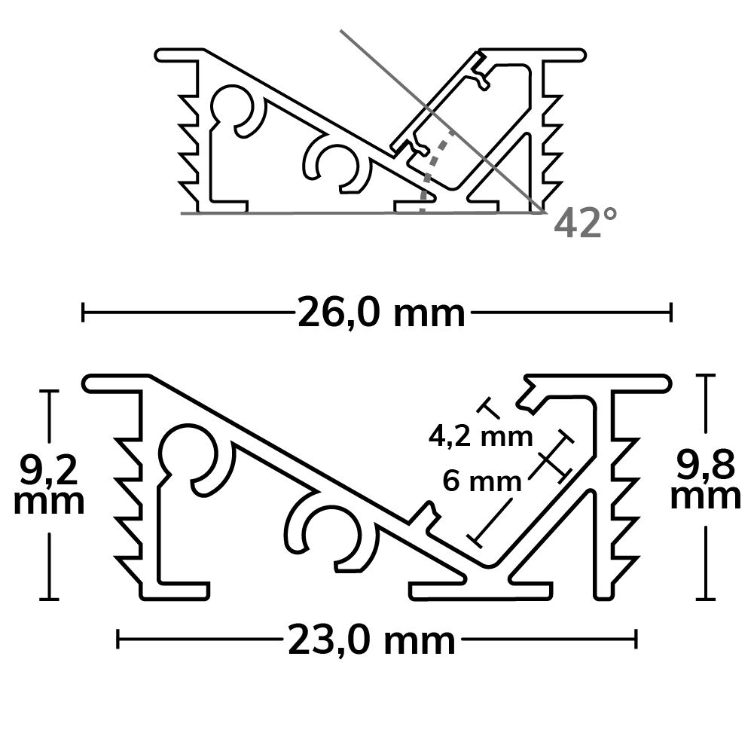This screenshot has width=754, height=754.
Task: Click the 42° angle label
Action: [585, 223]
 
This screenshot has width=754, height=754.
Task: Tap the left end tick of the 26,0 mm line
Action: [83, 313]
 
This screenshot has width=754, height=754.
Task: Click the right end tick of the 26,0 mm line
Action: [671, 313]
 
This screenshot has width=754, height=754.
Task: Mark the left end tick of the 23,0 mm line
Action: [118, 640]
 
